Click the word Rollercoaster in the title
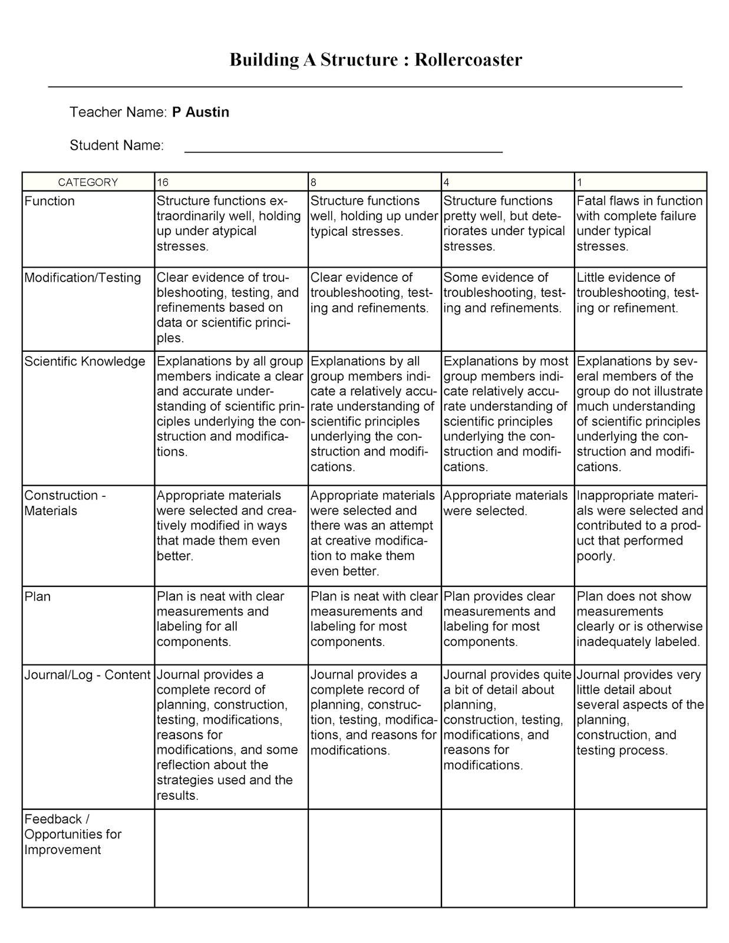pos(468,60)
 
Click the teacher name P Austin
pos(200,112)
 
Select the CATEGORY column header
pos(88,182)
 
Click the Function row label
pos(50,201)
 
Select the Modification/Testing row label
pos(83,278)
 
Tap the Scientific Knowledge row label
pos(85,361)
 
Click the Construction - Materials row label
pos(65,503)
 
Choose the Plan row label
pos(38,596)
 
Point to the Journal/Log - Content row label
pos(87,675)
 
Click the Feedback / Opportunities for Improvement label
pos(72,834)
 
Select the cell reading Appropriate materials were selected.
pos(505,503)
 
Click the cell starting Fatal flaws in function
pos(639,223)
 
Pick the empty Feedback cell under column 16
pos(231,858)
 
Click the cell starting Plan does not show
pos(639,619)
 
